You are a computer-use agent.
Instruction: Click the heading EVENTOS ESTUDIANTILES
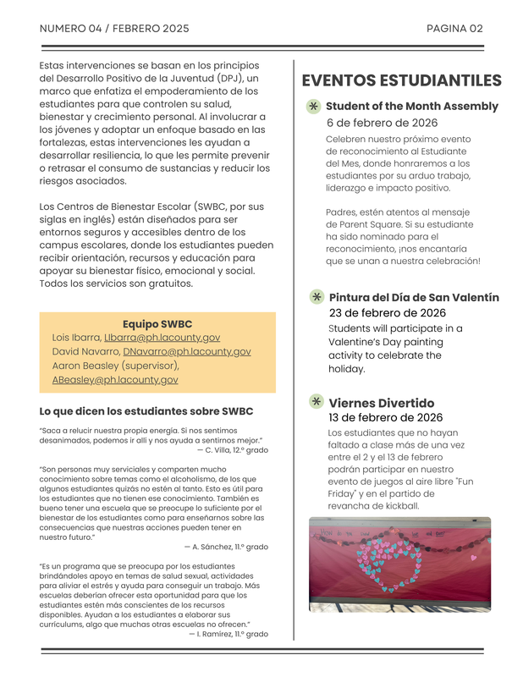click(401, 81)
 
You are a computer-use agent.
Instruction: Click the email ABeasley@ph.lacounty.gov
click(115, 380)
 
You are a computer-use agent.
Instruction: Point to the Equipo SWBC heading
click(157, 323)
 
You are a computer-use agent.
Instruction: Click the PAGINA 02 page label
click(454, 28)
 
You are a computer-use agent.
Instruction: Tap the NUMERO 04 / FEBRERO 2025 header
click(114, 28)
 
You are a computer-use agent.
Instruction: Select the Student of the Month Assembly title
click(411, 107)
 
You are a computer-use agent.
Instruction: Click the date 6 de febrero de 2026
click(382, 123)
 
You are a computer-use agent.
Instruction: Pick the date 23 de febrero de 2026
click(387, 313)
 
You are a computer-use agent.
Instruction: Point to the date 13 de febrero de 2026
click(385, 417)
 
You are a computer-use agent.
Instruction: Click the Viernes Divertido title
click(381, 403)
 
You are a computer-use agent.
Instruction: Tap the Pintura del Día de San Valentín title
click(413, 297)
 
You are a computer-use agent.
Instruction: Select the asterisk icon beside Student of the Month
click(313, 107)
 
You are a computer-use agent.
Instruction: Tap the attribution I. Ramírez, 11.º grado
click(228, 634)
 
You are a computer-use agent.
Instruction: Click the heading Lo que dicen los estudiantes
click(146, 411)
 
